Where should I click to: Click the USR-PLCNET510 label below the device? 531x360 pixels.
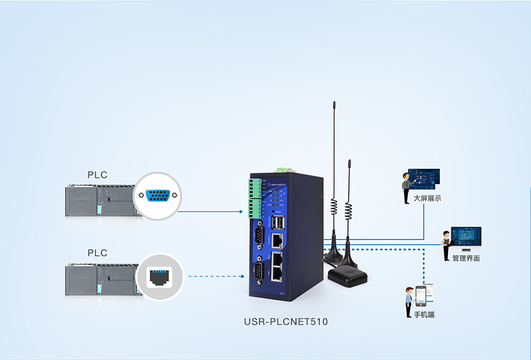point(286,322)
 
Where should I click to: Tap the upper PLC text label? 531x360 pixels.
point(97,175)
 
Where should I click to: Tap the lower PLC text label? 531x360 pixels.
point(97,253)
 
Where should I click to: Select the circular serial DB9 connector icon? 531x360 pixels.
point(157,196)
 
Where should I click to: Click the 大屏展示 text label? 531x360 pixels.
point(427,198)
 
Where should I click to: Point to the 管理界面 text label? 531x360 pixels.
point(466,258)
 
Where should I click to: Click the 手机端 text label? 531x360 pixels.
point(424,315)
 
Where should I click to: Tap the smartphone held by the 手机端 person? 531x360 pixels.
point(420,295)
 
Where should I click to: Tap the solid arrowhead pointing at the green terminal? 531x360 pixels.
point(242,211)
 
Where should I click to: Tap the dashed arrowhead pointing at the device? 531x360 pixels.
point(242,276)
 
